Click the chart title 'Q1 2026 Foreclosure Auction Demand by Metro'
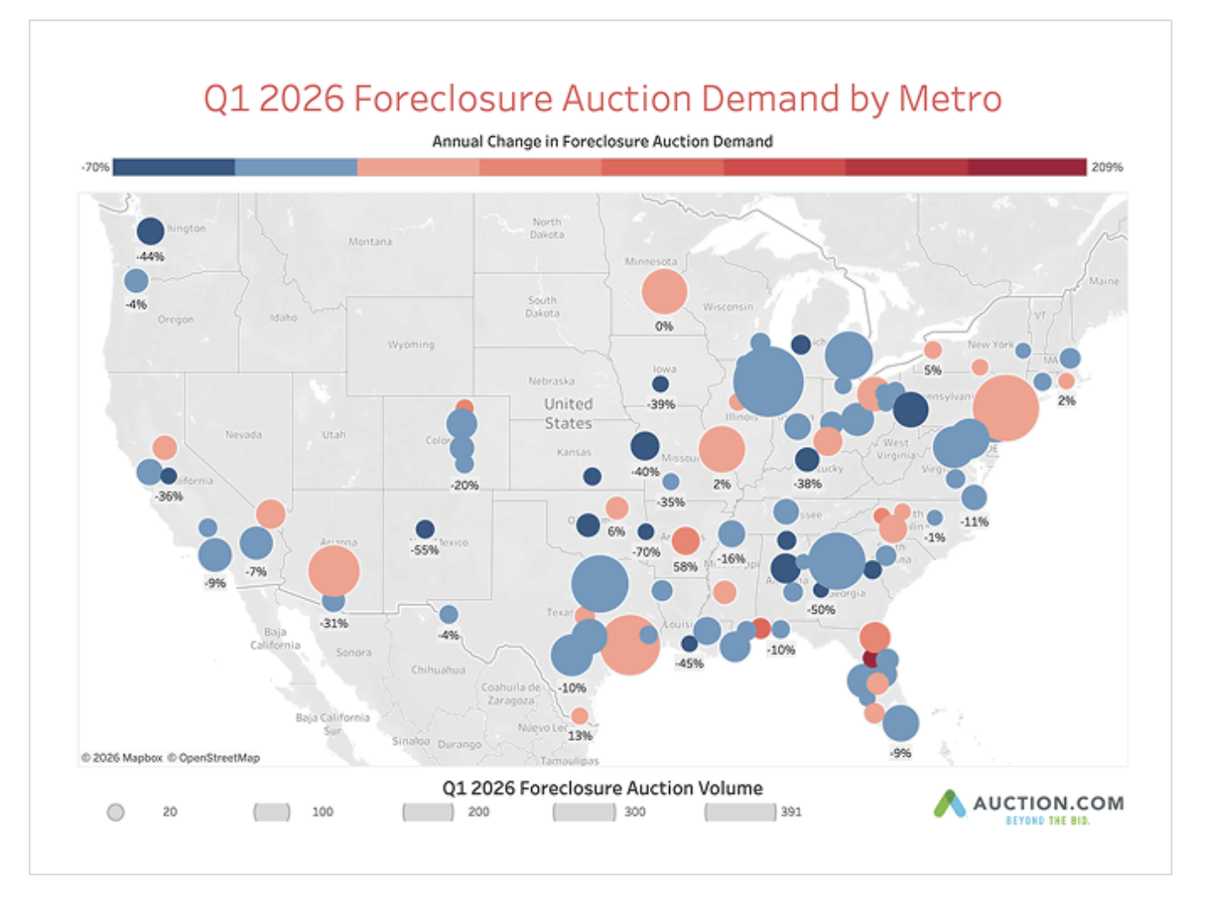(602, 99)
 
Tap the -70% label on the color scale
(95, 168)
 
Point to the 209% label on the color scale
(1106, 168)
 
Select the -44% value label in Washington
(150, 257)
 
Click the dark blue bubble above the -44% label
(150, 231)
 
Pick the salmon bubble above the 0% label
(664, 291)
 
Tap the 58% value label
(684, 566)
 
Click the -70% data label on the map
(646, 552)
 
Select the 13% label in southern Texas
(579, 736)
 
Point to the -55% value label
(425, 550)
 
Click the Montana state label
(370, 241)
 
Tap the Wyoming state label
(411, 345)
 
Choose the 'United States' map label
(568, 414)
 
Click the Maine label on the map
(1104, 281)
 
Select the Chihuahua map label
(438, 670)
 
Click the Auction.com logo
(1029, 806)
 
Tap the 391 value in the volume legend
(791, 812)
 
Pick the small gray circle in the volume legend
(116, 813)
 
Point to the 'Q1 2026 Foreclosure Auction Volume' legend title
(602, 788)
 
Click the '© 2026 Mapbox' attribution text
(122, 758)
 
